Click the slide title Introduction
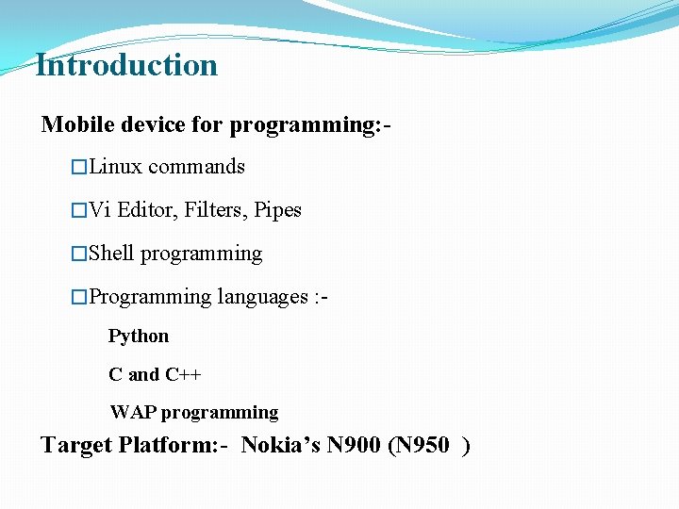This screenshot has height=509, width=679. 126,65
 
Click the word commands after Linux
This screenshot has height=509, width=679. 196,167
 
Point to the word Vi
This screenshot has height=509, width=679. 100,210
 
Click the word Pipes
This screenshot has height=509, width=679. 277,210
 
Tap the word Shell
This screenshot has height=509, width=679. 111,254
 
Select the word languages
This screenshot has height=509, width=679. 261,297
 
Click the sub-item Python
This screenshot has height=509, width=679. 139,337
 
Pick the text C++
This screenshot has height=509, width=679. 183,374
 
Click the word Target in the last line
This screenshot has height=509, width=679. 76,445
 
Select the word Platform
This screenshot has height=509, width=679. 168,445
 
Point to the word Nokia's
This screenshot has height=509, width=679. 281,445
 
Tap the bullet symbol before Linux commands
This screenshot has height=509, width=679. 79,168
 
